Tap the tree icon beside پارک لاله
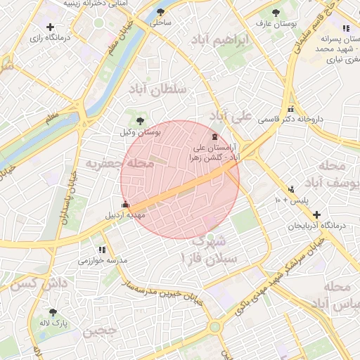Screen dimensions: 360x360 click(x=53, y=312)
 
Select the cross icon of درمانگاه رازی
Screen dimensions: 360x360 click(x=50, y=27)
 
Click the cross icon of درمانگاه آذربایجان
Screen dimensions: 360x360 click(x=317, y=214)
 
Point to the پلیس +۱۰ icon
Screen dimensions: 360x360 click(x=291, y=189)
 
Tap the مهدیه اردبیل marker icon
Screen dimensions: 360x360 click(x=126, y=205)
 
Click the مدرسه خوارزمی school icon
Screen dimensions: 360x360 click(x=103, y=249)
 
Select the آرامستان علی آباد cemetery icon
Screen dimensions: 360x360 click(x=214, y=137)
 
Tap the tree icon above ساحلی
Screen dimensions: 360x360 click(x=160, y=12)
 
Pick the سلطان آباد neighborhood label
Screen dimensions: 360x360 click(x=157, y=90)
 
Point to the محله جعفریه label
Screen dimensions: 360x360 click(x=110, y=163)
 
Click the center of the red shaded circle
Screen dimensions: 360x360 click(x=180, y=179)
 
